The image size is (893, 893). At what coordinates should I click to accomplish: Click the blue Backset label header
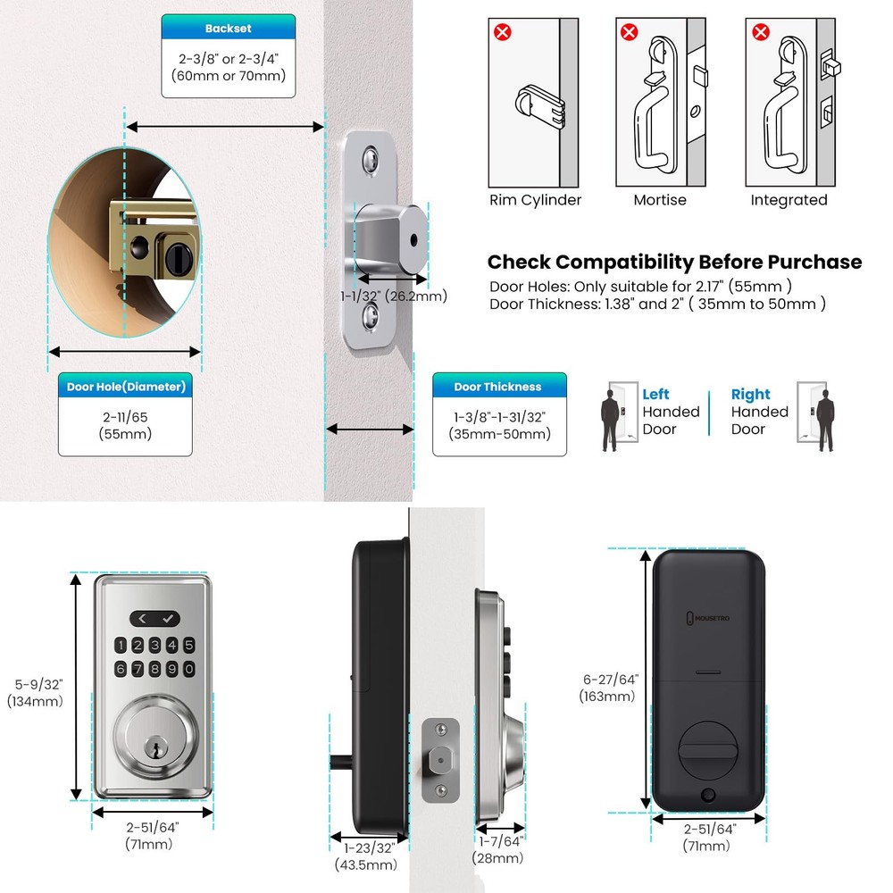pyautogui.click(x=228, y=29)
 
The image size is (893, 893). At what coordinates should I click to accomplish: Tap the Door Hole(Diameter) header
pyautogui.click(x=126, y=387)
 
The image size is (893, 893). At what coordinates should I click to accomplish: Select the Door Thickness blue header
pyautogui.click(x=497, y=387)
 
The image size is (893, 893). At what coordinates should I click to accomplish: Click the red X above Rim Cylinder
pyautogui.click(x=503, y=33)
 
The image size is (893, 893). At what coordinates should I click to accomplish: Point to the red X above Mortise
pyautogui.click(x=630, y=33)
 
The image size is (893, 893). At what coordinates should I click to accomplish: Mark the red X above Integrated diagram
pyautogui.click(x=760, y=33)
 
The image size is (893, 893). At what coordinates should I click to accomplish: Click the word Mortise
pyautogui.click(x=660, y=200)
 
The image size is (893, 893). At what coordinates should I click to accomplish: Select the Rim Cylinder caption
pyautogui.click(x=535, y=200)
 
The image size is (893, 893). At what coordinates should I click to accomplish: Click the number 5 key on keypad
pyautogui.click(x=188, y=646)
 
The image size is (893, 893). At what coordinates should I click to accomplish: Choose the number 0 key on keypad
pyautogui.click(x=188, y=670)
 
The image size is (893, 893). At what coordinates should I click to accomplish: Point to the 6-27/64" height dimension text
pyautogui.click(x=608, y=688)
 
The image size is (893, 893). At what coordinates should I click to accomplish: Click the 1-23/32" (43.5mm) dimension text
pyautogui.click(x=365, y=855)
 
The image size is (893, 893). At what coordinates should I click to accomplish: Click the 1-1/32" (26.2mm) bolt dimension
pyautogui.click(x=394, y=296)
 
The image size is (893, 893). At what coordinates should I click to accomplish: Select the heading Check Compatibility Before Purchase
pyautogui.click(x=674, y=262)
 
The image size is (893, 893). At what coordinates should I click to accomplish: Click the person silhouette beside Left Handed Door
pyautogui.click(x=612, y=417)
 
